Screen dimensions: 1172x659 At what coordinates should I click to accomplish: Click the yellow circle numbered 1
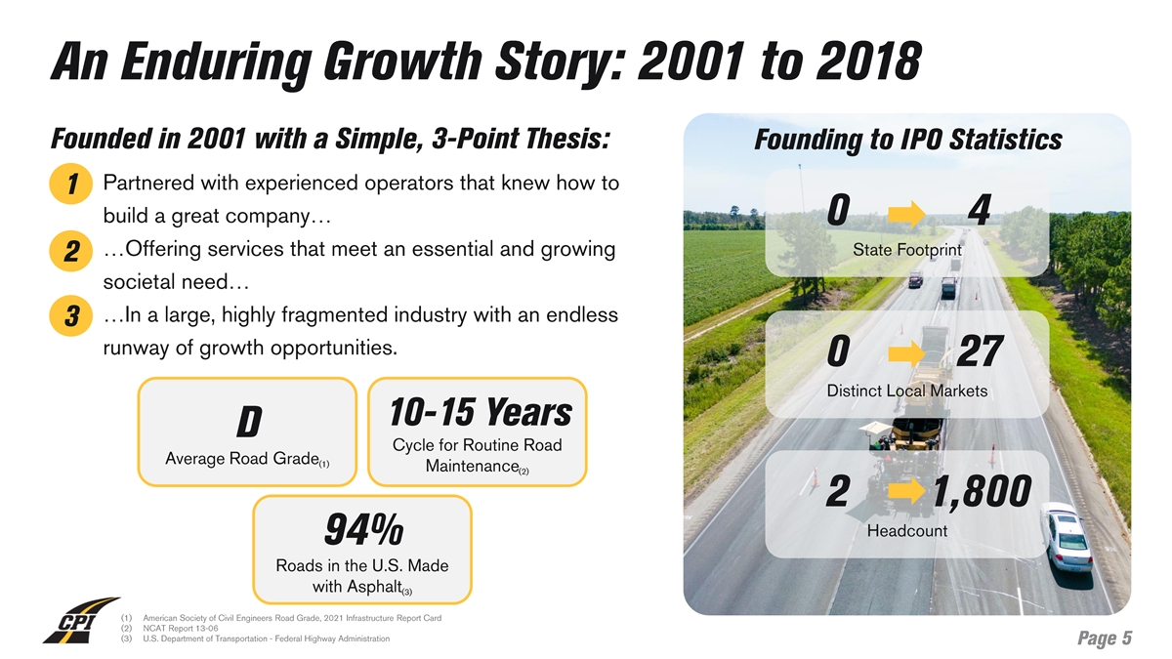coord(70,184)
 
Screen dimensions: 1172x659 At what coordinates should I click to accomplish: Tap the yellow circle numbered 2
coord(70,251)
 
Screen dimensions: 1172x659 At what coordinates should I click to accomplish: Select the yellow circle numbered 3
coord(70,316)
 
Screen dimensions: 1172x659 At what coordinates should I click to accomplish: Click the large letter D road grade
coord(248,422)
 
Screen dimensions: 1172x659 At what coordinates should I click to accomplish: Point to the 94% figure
coord(363,530)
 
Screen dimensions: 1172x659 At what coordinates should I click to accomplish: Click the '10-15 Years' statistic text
coord(481,412)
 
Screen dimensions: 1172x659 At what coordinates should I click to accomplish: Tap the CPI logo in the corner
coord(81,620)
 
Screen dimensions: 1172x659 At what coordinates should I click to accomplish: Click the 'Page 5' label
coord(1105,638)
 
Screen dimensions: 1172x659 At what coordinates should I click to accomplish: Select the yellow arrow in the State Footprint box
coord(906,214)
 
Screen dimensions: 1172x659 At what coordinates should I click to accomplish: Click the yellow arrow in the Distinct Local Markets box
coord(906,353)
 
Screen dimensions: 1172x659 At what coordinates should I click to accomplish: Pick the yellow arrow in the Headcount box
coord(906,491)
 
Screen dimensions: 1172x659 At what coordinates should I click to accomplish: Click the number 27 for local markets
coord(979,351)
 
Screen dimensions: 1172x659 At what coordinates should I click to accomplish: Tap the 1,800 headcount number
coord(983,492)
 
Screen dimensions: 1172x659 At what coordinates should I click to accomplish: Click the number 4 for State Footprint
coord(980,210)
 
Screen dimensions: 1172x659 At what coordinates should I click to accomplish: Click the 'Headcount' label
coord(906,531)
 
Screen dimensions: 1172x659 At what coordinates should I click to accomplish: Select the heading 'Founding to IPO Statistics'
coord(907,140)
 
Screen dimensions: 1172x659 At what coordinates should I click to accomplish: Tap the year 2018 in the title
coord(868,62)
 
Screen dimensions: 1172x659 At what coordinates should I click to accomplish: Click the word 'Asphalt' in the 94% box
coord(357,587)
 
